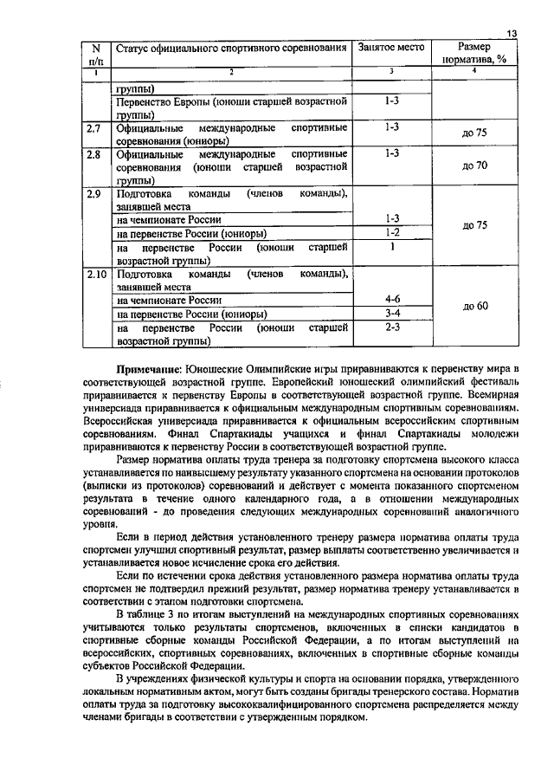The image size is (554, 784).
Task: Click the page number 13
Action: pos(512,33)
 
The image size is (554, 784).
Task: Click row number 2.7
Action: pos(96,128)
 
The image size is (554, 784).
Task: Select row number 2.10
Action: pos(97,275)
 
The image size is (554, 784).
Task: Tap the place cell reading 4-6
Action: pos(391,299)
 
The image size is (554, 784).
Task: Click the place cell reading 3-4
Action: pos(391,313)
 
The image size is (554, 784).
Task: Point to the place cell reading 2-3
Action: pos(391,327)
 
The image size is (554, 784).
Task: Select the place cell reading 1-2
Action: pos(391,232)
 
